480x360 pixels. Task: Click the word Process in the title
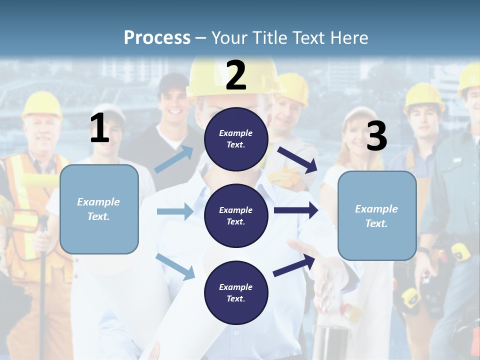point(157,37)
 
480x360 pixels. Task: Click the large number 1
point(99,128)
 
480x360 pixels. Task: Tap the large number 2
point(236,75)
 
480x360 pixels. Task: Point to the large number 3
point(376,136)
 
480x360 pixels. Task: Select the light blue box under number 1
point(99,209)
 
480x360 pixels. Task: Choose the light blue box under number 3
point(377,215)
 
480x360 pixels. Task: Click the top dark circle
point(236,139)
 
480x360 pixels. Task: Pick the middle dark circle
point(236,215)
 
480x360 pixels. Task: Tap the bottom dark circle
point(236,292)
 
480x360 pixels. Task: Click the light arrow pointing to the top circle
point(174,159)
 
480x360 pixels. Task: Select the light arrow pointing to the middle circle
point(175,211)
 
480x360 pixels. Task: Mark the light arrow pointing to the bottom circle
point(175,266)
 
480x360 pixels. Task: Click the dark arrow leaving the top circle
point(297,159)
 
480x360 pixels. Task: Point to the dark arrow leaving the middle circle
point(295,210)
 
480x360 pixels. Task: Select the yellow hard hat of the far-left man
point(42,104)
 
